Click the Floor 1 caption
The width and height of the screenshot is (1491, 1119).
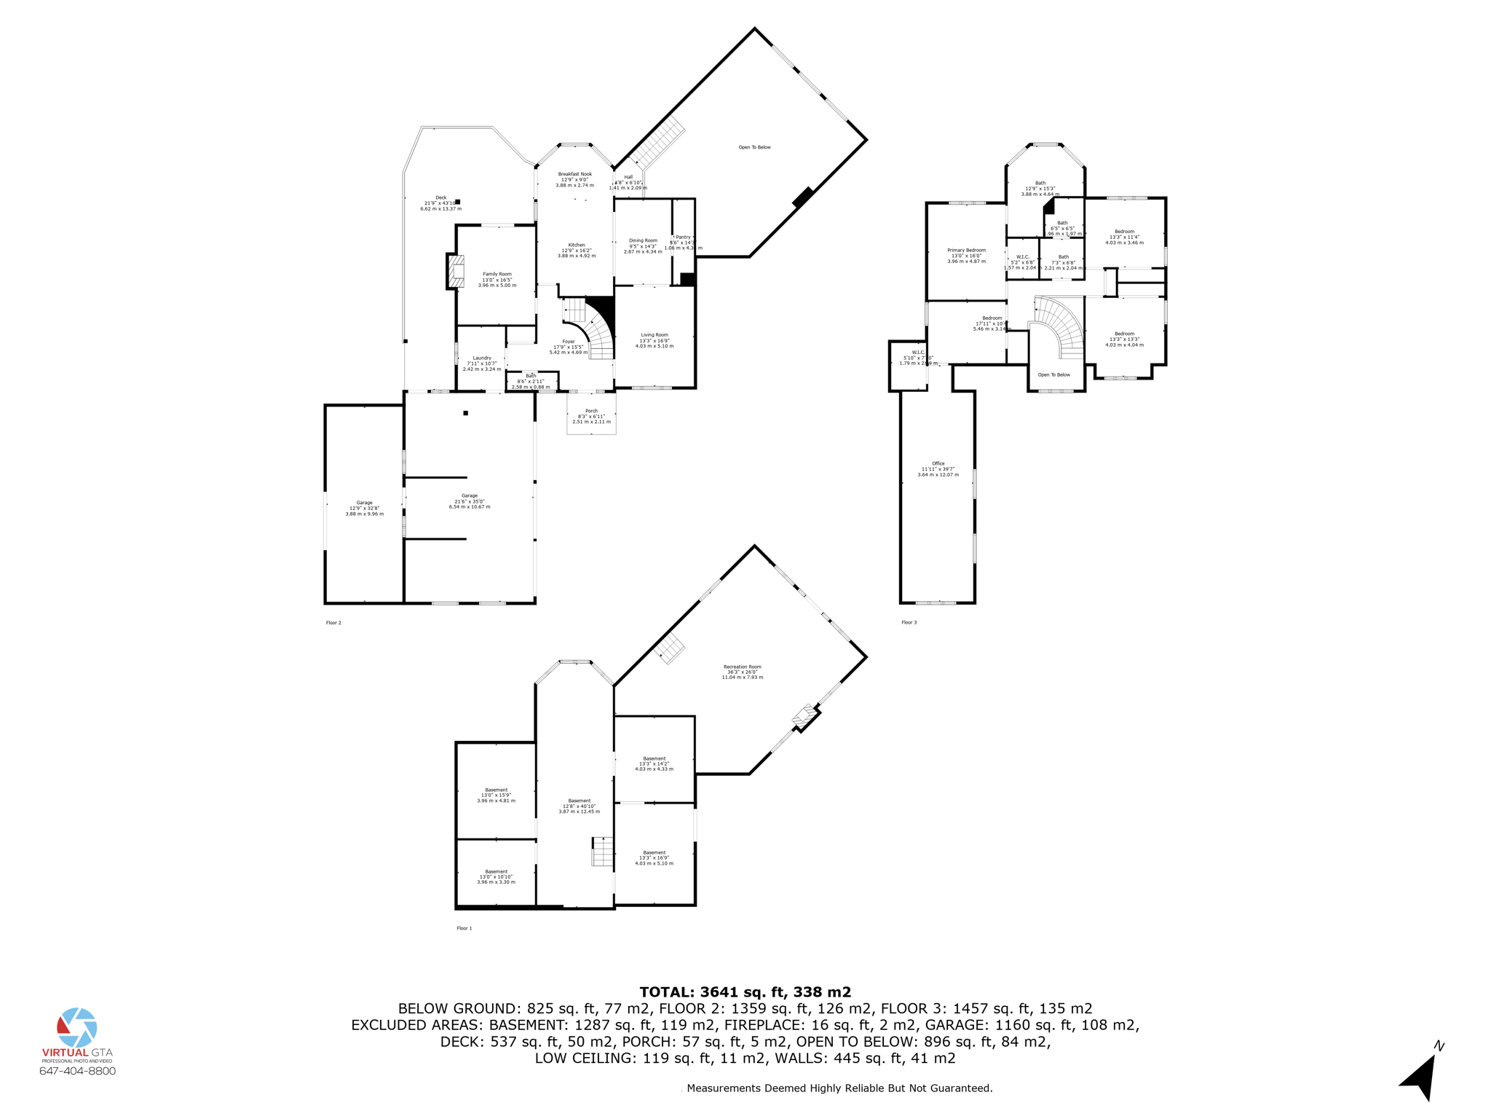tap(464, 928)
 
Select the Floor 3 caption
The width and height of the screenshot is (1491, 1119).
tap(909, 622)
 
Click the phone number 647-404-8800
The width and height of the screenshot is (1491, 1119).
tap(77, 1071)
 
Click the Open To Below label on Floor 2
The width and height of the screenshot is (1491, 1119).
tap(754, 147)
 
